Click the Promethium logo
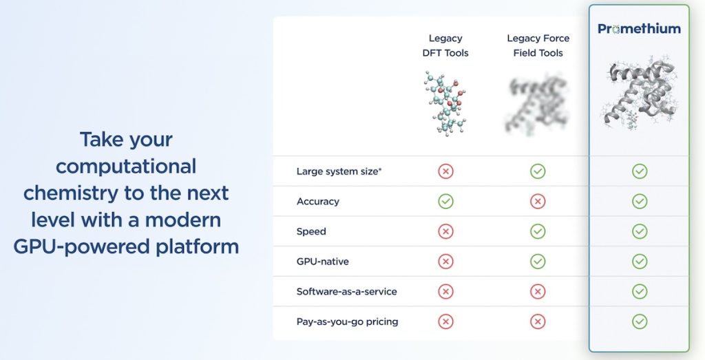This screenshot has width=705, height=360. coord(639,29)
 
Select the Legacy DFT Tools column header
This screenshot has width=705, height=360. coord(445,45)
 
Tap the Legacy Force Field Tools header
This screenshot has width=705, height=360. coord(538,45)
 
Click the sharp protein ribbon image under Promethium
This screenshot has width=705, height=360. coord(639,93)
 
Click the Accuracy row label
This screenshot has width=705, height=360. coord(317,202)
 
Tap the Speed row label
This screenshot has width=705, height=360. coord(311,231)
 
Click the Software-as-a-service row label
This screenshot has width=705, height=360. coord(346,291)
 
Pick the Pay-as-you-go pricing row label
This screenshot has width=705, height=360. coord(347,321)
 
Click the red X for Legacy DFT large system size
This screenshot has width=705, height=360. coord(445,171)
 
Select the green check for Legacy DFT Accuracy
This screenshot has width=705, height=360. coord(445,202)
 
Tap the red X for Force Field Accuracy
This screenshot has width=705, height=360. coord(538,202)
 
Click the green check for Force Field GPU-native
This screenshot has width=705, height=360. coord(538,262)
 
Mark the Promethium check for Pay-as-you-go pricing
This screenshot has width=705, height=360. coord(640,321)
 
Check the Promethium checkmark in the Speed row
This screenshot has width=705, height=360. coord(640,231)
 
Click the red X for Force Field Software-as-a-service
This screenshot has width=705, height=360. coord(538,292)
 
